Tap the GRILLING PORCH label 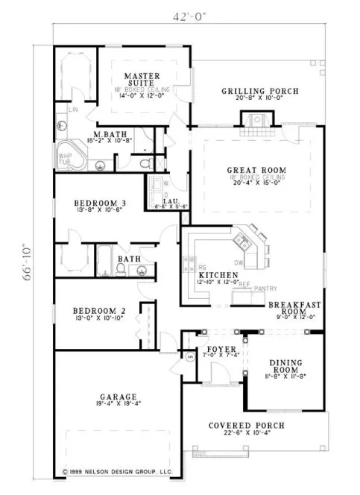click(259, 92)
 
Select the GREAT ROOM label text click(256, 171)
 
